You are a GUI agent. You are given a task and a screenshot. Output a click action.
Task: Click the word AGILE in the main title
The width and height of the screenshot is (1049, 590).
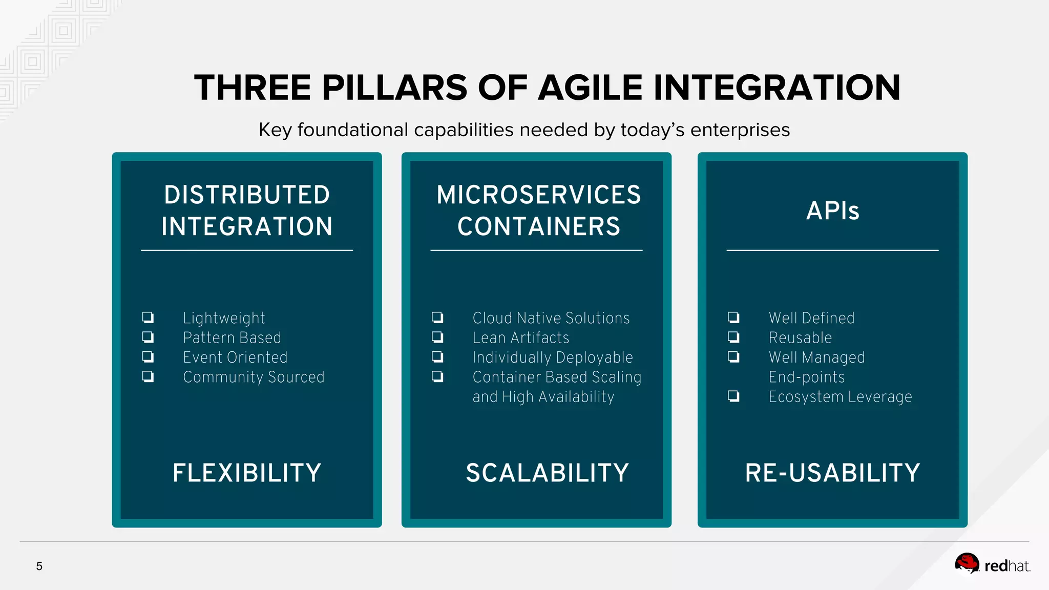[x=590, y=88]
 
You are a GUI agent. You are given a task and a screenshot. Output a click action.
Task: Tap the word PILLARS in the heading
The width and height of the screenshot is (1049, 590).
[x=394, y=88]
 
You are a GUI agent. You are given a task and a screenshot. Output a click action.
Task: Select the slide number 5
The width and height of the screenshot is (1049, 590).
[x=39, y=566]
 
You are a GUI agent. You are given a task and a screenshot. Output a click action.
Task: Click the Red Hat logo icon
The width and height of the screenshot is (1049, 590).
[x=967, y=564]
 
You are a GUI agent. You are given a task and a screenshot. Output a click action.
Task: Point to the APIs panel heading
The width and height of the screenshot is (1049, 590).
[x=832, y=210]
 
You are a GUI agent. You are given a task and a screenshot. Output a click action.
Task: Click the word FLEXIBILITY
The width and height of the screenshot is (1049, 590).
[x=247, y=473]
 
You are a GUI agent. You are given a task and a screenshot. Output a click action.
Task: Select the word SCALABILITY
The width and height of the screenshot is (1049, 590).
[x=547, y=473]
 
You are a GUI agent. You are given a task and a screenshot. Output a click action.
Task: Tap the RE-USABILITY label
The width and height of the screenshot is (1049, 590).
[x=832, y=473]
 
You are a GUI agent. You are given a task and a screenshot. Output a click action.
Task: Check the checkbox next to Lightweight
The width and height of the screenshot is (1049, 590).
[x=148, y=318]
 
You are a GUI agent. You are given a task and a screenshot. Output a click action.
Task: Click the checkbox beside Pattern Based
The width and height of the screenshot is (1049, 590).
[x=148, y=337]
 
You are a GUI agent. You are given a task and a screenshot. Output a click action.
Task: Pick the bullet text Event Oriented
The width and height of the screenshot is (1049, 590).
[x=235, y=357]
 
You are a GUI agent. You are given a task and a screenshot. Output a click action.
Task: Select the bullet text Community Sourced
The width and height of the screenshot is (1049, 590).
[x=254, y=377]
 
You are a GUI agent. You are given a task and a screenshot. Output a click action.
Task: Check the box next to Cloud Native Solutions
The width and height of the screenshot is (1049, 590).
[x=437, y=318]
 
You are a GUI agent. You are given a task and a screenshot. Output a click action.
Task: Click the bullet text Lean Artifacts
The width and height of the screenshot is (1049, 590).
[x=520, y=338]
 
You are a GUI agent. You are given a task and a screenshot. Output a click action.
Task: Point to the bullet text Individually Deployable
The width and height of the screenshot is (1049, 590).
[x=552, y=357]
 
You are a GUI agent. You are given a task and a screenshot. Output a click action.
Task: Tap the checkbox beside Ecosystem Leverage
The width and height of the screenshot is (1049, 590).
[x=733, y=396]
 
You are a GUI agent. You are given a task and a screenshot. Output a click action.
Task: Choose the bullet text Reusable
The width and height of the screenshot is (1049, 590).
[x=800, y=338]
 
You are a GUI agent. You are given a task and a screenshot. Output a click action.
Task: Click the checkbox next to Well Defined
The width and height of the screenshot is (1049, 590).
[x=733, y=318]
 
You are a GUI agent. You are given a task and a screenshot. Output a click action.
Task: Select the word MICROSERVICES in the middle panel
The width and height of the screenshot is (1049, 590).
[x=538, y=195]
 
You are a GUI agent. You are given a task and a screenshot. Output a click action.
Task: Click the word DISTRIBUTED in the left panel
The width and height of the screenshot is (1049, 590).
[x=247, y=195]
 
